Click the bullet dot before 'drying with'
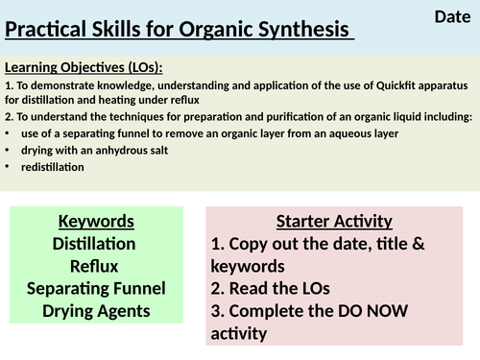tap(10, 150)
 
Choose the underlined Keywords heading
tap(95, 220)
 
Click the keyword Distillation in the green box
tap(95, 244)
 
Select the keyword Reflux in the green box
tap(95, 266)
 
